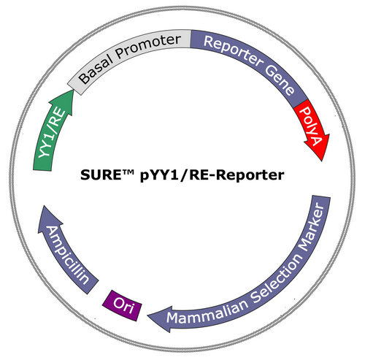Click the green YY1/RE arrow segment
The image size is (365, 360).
click(53, 131)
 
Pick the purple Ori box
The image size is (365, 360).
click(122, 305)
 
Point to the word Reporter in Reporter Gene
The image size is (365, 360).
click(233, 51)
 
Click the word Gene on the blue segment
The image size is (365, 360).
click(280, 80)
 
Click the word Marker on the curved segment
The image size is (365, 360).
click(312, 228)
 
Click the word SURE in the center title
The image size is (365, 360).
click(100, 175)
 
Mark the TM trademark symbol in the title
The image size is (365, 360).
click(127, 172)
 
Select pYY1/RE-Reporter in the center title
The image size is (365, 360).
click(212, 176)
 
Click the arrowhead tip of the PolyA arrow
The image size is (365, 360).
click(322, 161)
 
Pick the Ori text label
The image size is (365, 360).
click(123, 305)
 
